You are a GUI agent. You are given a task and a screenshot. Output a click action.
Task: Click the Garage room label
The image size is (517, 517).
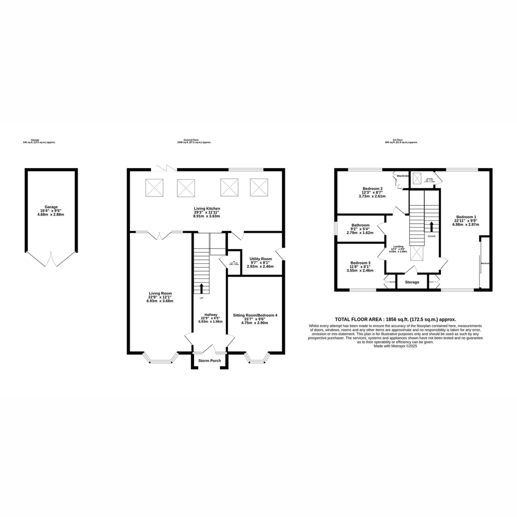[51, 207]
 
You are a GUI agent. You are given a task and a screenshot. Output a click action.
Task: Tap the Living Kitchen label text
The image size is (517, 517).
[207, 208]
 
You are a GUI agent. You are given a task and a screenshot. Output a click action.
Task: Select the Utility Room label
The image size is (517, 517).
[260, 259]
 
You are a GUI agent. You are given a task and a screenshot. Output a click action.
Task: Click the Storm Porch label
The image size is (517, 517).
[210, 360]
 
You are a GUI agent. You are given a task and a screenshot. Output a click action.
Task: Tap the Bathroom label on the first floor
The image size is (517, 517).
[360, 225]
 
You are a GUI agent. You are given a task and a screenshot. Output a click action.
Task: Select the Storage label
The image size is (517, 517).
[412, 282]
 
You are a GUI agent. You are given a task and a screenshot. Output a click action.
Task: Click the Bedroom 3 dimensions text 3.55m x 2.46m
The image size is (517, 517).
[360, 271]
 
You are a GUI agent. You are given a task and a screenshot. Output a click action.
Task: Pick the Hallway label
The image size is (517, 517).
[211, 314]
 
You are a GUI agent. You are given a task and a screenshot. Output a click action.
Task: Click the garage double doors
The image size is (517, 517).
[51, 259]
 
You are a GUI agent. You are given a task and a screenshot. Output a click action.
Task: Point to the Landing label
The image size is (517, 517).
[398, 246]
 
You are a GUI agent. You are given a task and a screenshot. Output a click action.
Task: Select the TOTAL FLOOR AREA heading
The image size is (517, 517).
[396, 319]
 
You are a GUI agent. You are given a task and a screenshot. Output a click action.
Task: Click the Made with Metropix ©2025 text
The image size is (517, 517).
[395, 346]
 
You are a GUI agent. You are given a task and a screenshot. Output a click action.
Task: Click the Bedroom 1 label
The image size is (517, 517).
[466, 217]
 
